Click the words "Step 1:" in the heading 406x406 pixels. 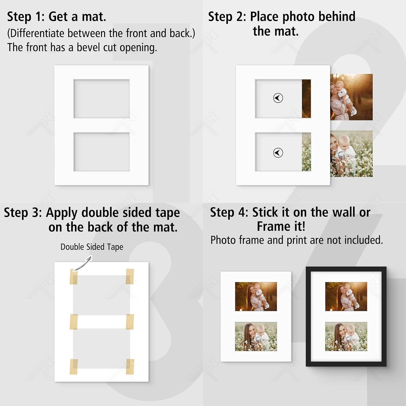(26, 17)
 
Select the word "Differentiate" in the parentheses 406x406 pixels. (37, 33)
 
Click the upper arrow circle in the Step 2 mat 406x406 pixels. (278, 98)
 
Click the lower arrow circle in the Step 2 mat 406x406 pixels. (278, 153)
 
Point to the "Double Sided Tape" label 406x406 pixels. (92, 247)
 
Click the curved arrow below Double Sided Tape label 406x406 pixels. (83, 264)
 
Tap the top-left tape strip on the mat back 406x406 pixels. (74, 277)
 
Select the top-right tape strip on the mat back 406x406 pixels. (130, 276)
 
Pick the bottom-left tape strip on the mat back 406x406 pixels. (74, 367)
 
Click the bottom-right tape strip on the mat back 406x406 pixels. (130, 367)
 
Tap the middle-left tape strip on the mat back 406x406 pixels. (74, 322)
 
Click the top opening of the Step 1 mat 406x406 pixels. (101, 99)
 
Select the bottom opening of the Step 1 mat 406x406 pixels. (101, 152)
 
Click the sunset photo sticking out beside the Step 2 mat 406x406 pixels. (351, 97)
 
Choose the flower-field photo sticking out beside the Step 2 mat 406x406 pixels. (351, 154)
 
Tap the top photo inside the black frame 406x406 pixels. (346, 296)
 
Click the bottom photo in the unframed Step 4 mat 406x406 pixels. (256, 336)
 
